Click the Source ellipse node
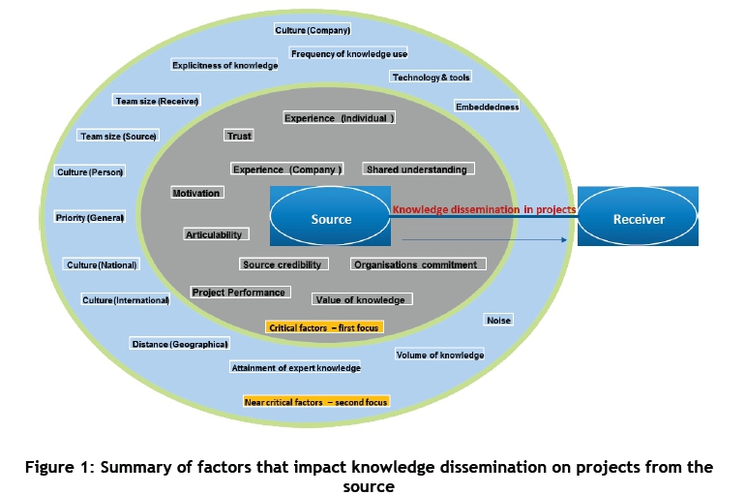(x=331, y=219)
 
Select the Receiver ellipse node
(x=639, y=219)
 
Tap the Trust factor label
(x=238, y=136)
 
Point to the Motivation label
(x=196, y=193)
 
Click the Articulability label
(x=215, y=234)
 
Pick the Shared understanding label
(x=416, y=170)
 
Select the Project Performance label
(x=239, y=293)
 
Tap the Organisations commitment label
(x=415, y=264)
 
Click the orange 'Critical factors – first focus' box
(x=324, y=327)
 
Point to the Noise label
(x=498, y=320)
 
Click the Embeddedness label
(x=487, y=107)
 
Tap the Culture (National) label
(x=102, y=264)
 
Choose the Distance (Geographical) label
(x=180, y=344)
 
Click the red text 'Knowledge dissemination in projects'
(x=484, y=209)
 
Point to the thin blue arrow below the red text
(x=484, y=238)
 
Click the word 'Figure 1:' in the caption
(x=57, y=467)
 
